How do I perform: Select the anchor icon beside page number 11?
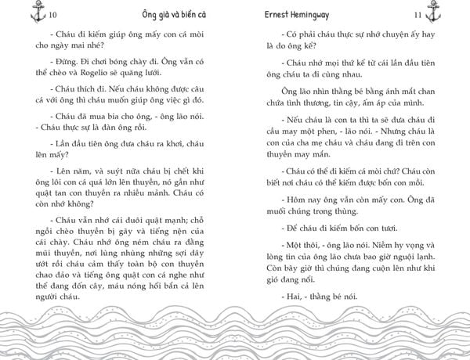coord(458,13)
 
